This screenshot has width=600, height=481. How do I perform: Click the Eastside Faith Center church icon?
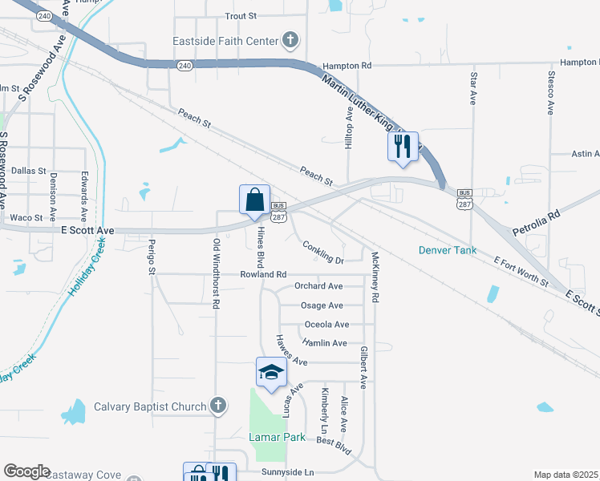[x=290, y=41]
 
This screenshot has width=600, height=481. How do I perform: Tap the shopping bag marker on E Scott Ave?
[x=254, y=200]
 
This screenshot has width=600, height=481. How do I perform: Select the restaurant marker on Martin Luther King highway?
[x=402, y=146]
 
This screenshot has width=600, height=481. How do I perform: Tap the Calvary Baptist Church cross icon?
[x=217, y=406]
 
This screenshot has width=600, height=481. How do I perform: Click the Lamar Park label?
[x=277, y=438]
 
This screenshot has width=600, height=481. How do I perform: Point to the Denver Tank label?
[x=448, y=250]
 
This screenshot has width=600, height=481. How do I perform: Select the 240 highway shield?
[x=184, y=65]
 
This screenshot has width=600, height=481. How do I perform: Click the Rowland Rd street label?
[x=263, y=274]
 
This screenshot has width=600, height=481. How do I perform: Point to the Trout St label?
[x=241, y=15]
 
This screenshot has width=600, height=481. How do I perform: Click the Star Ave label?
[x=473, y=87]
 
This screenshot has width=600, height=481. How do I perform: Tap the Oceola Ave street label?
[x=326, y=325]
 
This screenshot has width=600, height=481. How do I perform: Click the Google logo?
[x=26, y=471]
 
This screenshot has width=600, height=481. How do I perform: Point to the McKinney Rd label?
[x=375, y=277]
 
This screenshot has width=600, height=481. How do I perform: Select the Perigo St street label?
[x=151, y=257]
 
